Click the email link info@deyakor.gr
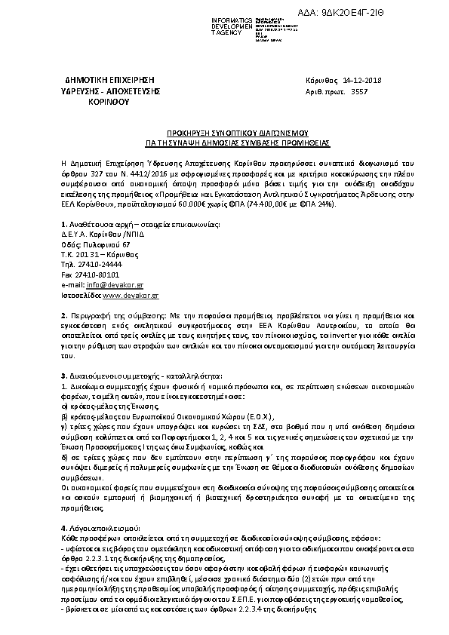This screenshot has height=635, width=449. (107, 286)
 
